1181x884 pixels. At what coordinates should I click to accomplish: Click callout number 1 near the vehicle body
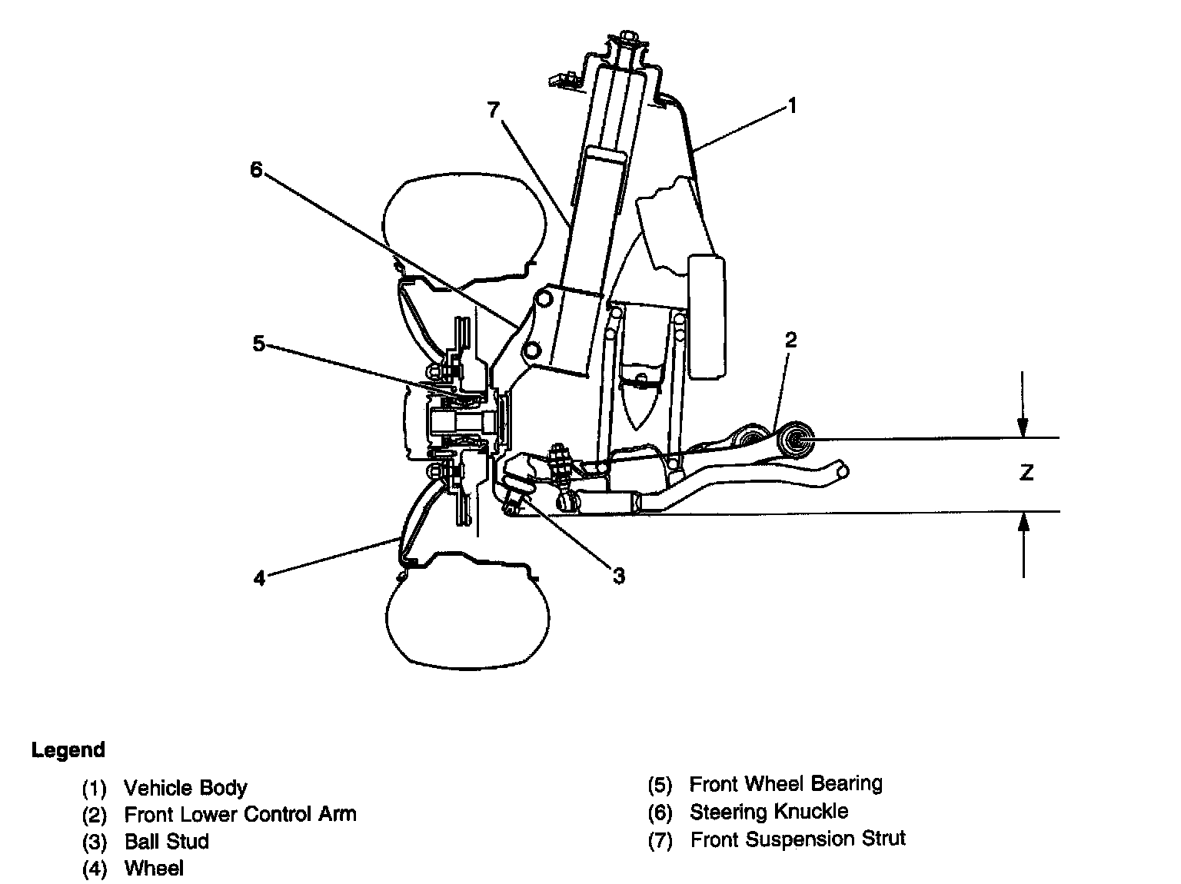[793, 105]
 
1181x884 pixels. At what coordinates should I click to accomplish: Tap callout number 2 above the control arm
[791, 339]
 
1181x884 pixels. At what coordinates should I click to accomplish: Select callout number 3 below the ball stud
[619, 574]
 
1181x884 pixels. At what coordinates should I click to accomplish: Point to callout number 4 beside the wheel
[260, 577]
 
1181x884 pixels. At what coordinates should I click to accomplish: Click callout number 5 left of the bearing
[259, 344]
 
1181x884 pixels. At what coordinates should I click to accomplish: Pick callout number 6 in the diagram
[257, 170]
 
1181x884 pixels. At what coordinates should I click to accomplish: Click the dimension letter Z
[1026, 473]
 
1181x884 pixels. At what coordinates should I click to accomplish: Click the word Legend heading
[68, 750]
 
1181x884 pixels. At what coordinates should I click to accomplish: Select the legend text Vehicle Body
[185, 788]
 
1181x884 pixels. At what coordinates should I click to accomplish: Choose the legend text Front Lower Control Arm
[240, 814]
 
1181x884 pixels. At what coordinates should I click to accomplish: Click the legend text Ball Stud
[166, 841]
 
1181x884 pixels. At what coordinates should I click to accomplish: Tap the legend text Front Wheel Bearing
[785, 784]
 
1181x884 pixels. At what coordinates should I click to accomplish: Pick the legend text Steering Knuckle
[768, 812]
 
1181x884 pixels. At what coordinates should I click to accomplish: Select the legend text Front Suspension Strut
[797, 839]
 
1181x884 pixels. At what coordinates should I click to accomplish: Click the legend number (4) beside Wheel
[94, 869]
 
